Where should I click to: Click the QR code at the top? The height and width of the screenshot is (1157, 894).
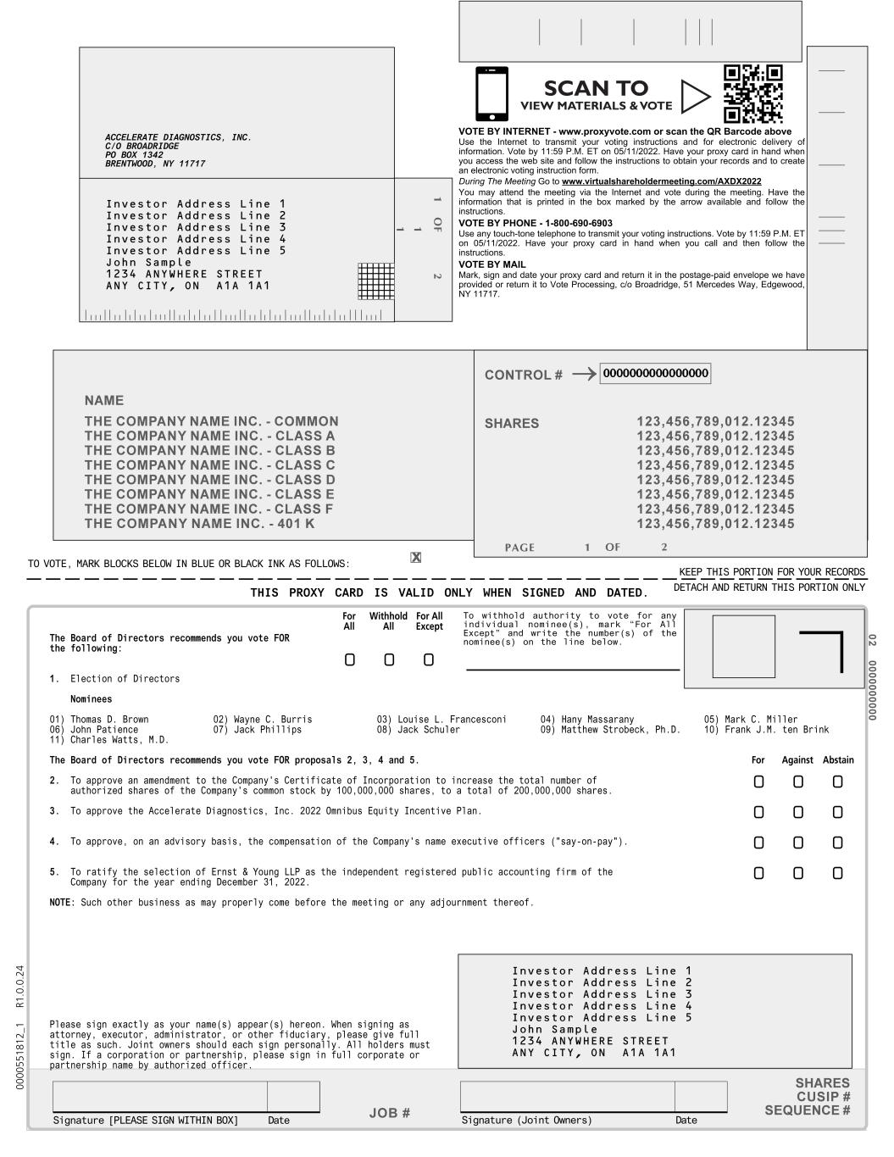(752, 94)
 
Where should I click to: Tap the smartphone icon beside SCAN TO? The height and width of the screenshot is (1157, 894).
(491, 94)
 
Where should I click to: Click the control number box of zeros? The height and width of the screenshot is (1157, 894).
(655, 374)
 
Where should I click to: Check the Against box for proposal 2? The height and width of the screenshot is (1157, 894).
(797, 782)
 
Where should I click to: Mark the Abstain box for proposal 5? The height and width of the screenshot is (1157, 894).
(837, 873)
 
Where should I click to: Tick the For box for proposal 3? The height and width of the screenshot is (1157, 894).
(758, 812)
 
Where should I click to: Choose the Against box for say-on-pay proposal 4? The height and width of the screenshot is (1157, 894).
(797, 843)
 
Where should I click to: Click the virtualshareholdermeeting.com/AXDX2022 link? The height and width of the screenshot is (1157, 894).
(661, 181)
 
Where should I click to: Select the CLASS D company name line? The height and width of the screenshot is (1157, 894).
(209, 480)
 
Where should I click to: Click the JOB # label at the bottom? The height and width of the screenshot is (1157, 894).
(390, 1113)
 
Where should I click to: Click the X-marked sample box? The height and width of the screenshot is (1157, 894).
(415, 557)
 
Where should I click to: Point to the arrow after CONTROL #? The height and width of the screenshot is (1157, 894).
(584, 375)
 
